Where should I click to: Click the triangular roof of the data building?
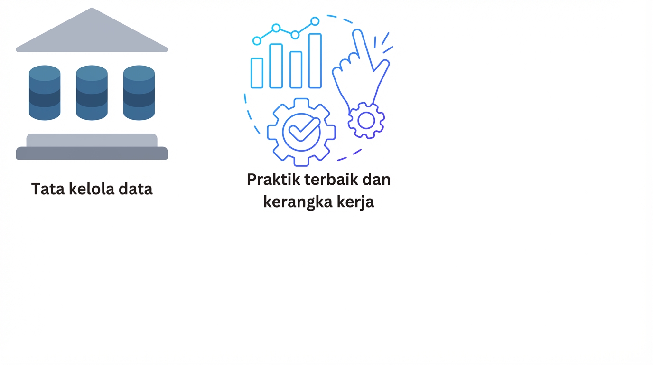click(92, 33)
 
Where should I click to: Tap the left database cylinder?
click(45, 93)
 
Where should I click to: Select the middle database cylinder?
click(92, 93)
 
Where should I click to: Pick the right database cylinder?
click(139, 93)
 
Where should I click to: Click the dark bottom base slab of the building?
click(92, 154)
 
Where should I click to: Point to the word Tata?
click(48, 189)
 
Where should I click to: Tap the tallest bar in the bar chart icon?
click(315, 60)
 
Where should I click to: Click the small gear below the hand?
click(366, 121)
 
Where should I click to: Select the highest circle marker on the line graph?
click(315, 21)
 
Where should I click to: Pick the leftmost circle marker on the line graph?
click(257, 41)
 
